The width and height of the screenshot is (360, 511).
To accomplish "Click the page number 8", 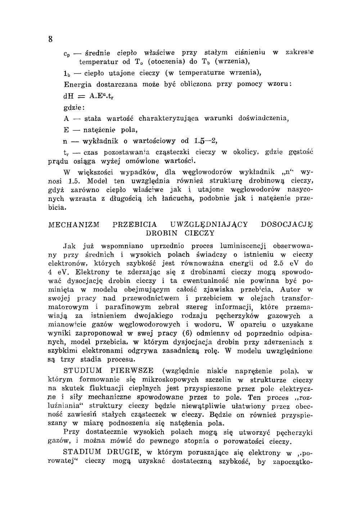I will (x=50, y=39).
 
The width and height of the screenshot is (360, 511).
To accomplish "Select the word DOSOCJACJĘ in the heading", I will (x=287, y=225).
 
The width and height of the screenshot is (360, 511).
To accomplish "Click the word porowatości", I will (x=245, y=441).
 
